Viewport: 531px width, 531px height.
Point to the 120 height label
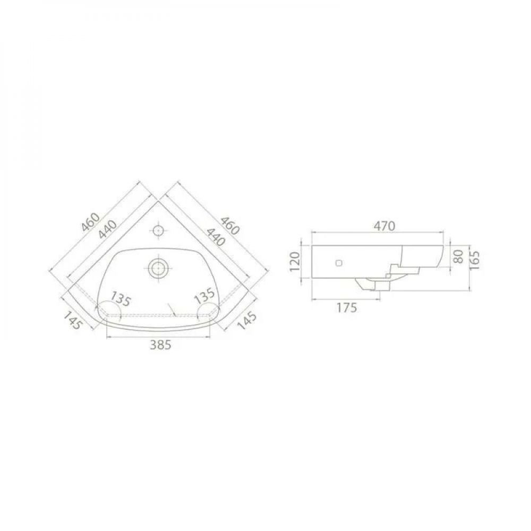295,261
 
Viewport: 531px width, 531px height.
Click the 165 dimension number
475,260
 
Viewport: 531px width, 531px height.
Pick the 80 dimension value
458,256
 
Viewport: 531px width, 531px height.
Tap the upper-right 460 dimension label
230,225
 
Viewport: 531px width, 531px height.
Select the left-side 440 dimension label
108,230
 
